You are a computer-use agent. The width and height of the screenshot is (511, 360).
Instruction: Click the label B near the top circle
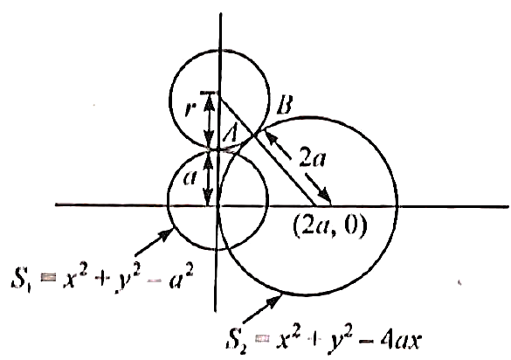pos(284,105)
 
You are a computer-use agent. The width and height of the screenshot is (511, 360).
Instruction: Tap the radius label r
pos(189,108)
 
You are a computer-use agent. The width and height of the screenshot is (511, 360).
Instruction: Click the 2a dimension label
pos(312,159)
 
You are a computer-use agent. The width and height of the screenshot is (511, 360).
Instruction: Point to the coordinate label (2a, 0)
pos(330,226)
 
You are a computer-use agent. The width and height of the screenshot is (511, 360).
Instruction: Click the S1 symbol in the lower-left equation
pos(21,278)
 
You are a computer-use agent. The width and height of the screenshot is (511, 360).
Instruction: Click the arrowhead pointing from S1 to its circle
pos(166,234)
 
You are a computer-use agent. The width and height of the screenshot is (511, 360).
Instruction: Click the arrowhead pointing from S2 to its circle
pos(275,301)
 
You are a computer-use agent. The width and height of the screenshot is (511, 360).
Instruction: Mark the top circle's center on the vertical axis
pos(220,93)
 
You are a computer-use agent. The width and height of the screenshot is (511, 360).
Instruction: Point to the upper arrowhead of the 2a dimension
pos(271,136)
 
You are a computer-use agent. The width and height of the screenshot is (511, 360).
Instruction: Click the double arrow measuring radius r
pos(210,121)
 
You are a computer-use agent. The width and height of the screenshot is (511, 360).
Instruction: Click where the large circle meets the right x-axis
pos(397,206)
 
